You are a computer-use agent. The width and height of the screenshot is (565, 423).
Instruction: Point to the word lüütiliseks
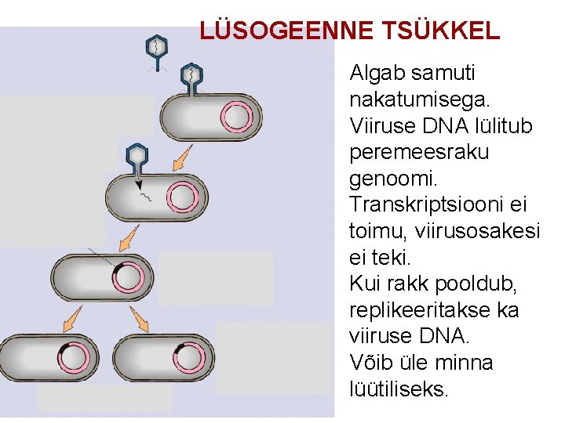(399, 389)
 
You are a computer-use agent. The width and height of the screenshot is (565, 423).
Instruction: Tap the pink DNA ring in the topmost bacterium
(236, 117)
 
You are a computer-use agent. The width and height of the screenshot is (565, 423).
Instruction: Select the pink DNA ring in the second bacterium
(183, 197)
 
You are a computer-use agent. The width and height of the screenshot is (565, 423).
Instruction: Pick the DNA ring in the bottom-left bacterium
(74, 357)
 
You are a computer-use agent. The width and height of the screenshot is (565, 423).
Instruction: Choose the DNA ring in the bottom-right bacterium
(188, 357)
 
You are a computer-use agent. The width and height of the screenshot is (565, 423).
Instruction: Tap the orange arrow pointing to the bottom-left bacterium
(73, 316)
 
